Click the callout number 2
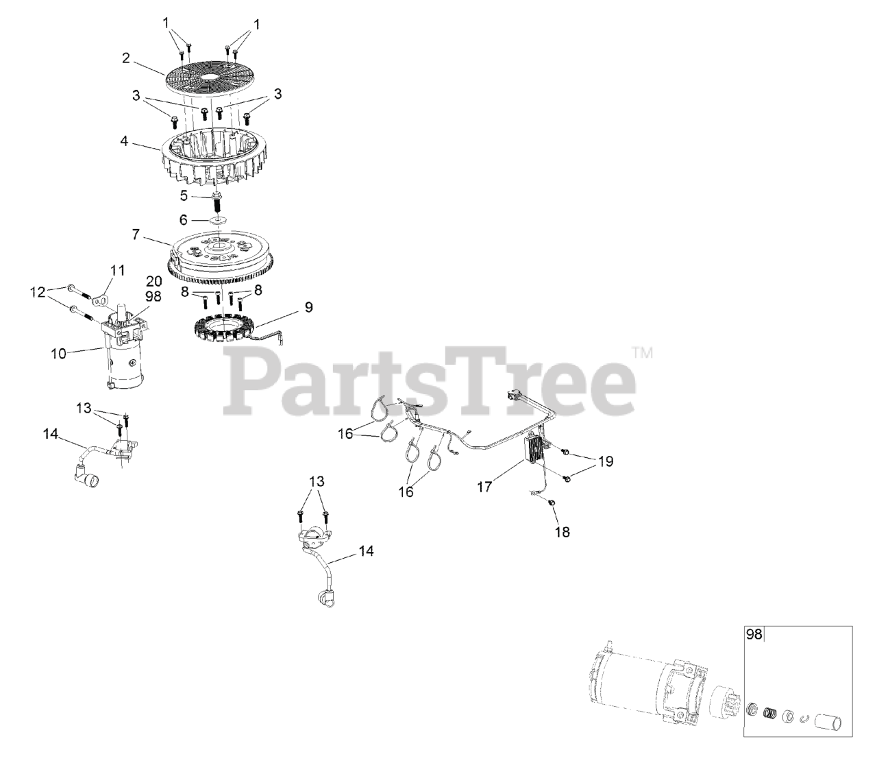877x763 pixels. click(x=126, y=58)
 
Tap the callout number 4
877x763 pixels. click(x=124, y=142)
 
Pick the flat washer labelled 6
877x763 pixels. click(x=219, y=221)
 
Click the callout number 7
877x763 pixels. click(x=136, y=235)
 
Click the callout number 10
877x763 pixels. click(x=58, y=354)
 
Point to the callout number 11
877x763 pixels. click(x=118, y=270)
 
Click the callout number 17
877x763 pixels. click(x=485, y=487)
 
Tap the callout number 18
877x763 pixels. click(x=562, y=531)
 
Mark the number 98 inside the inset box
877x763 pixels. click(x=753, y=635)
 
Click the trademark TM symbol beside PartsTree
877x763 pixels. click(x=642, y=354)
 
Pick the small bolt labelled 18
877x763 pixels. click(x=552, y=503)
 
